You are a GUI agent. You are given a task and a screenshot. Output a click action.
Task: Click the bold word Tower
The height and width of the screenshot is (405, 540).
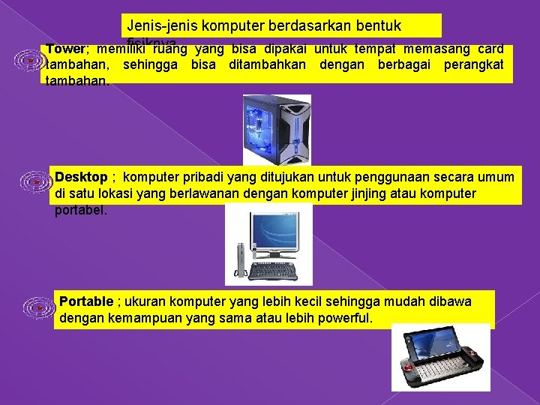[x=66, y=49]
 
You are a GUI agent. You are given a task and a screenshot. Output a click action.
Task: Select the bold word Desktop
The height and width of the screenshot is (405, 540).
[x=81, y=177]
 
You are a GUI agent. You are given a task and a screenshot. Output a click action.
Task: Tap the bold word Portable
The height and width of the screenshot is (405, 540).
[x=86, y=301]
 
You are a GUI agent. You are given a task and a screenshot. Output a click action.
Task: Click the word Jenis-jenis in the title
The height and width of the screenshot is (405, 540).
[x=157, y=25]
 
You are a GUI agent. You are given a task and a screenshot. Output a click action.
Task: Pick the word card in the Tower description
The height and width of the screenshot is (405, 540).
[x=488, y=49]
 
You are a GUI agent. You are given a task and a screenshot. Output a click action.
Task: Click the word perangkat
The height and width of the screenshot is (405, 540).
[x=472, y=64]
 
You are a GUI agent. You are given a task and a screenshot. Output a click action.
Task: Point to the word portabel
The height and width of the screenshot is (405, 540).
[x=81, y=209]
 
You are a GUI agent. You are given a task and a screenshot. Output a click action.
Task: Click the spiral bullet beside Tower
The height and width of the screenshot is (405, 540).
[x=29, y=59]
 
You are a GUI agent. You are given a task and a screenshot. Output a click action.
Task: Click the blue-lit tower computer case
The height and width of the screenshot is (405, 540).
[x=275, y=129]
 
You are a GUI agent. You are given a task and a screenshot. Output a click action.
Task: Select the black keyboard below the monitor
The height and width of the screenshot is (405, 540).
[x=272, y=271]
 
